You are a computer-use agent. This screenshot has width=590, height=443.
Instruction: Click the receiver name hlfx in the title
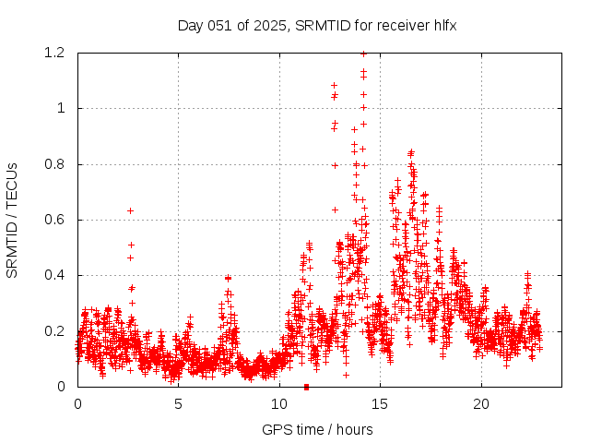[442, 25]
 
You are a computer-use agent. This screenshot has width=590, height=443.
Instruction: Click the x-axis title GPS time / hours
[317, 429]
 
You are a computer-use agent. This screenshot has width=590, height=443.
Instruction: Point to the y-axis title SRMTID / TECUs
[12, 220]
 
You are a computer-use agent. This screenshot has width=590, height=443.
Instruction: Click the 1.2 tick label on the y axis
[55, 53]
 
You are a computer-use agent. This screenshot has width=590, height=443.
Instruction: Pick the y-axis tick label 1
[61, 108]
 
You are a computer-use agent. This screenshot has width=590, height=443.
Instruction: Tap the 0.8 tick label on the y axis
[55, 164]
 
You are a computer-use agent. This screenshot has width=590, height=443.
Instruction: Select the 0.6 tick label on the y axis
[55, 220]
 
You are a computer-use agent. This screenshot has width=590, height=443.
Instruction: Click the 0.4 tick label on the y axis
[55, 275]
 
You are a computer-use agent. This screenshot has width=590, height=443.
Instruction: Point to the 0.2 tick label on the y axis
[55, 330]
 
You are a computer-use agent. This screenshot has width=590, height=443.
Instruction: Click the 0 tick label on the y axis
[61, 387]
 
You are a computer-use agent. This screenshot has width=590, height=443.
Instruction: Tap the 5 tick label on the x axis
[178, 404]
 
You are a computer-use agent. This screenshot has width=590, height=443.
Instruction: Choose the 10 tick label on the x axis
[279, 404]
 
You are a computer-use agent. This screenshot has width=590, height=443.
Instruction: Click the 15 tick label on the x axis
[381, 404]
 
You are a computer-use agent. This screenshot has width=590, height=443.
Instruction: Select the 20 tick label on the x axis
[481, 404]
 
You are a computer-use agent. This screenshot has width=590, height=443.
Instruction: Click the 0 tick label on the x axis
[77, 404]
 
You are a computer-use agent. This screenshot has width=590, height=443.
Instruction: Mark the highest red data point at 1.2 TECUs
[363, 54]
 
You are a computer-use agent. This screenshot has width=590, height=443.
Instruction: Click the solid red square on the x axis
[306, 387]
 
